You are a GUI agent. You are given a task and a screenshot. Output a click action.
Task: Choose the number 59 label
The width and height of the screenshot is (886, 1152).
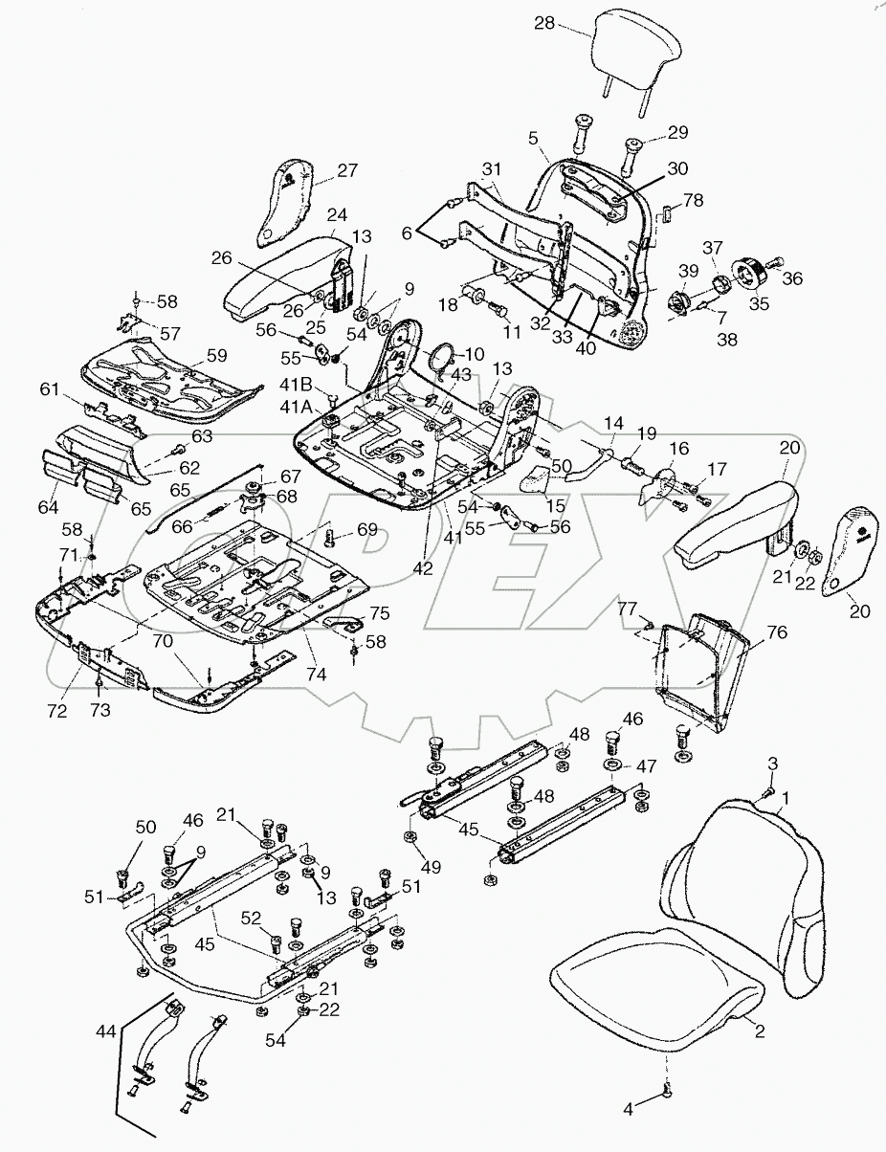tap(217, 354)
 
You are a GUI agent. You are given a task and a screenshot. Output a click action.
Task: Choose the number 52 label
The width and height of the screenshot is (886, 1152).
tap(251, 918)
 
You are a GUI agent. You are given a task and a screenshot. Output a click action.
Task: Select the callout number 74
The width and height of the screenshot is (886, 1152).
tap(317, 675)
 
